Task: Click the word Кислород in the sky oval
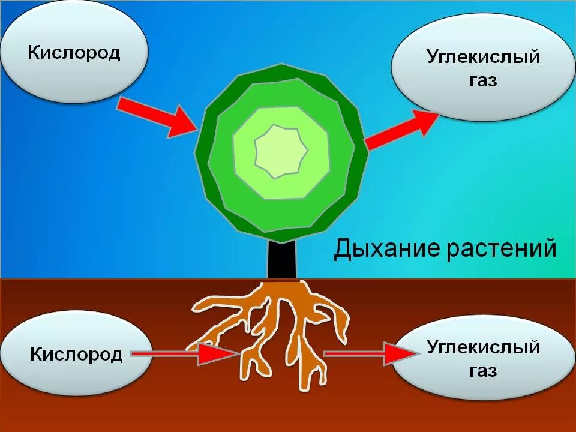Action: (74, 52)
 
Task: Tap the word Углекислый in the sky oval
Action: (484, 58)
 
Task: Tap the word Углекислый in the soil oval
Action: (484, 347)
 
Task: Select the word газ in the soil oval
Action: (483, 370)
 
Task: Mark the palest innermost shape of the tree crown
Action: (281, 151)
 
